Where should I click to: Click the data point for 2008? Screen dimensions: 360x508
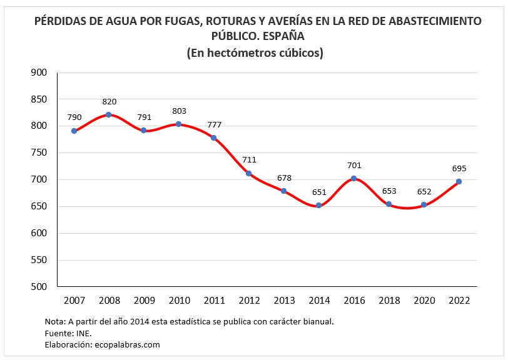point(109,114)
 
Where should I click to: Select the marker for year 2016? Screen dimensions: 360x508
point(354,178)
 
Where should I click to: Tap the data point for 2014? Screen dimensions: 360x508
point(319,205)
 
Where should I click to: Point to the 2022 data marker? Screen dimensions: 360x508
point(459,181)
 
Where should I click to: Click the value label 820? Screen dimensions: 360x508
point(109,101)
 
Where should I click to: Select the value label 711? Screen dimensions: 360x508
point(249,160)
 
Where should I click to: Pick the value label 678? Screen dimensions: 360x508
point(284,177)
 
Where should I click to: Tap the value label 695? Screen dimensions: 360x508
point(459,168)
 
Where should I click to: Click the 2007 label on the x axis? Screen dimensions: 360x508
point(74,300)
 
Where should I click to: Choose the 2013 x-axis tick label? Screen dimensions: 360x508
point(284,300)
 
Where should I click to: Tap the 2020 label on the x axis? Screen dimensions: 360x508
point(424,300)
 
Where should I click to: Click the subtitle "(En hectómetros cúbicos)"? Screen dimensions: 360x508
point(255,53)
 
